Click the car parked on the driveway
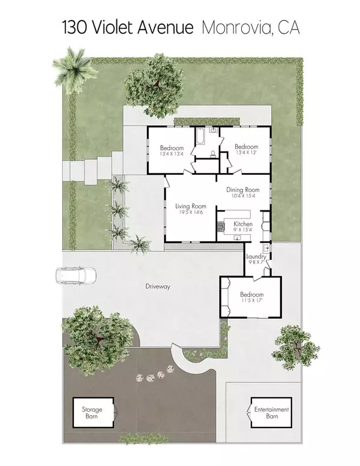point(76,275)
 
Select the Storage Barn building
point(93,413)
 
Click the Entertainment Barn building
point(271,413)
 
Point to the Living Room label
point(190,206)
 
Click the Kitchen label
point(243,224)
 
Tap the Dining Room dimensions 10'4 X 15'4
point(243,196)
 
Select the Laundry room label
point(256,256)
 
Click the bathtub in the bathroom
point(200,136)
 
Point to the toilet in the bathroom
point(212,154)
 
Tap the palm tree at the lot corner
point(74,70)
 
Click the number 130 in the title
point(74,28)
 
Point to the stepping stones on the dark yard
point(155,374)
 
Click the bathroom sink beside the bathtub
point(213,130)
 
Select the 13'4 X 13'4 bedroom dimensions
point(172,154)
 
